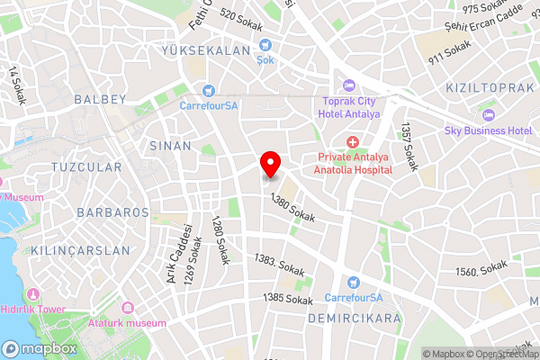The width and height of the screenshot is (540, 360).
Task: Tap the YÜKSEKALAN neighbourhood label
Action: (x=205, y=51)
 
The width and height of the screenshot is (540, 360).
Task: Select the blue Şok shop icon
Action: (x=265, y=45)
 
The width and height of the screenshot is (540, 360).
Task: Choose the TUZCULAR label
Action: (x=85, y=167)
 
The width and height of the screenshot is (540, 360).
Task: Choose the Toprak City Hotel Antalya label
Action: (x=351, y=107)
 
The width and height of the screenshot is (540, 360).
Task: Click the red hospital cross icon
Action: (x=352, y=142)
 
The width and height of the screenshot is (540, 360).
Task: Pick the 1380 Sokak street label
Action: (x=292, y=211)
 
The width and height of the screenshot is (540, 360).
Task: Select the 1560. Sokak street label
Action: (x=481, y=270)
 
